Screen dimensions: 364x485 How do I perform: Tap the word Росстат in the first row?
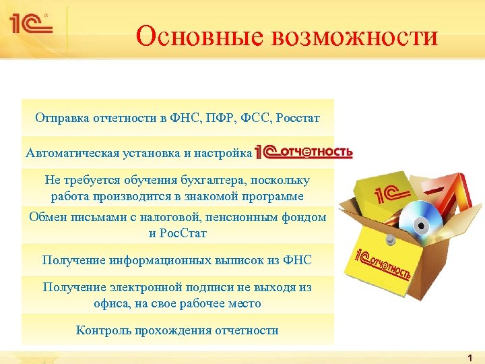click(x=298, y=119)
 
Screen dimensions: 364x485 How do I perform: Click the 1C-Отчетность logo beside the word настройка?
click(x=304, y=152)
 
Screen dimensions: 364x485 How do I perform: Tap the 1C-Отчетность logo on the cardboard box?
click(x=383, y=264)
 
